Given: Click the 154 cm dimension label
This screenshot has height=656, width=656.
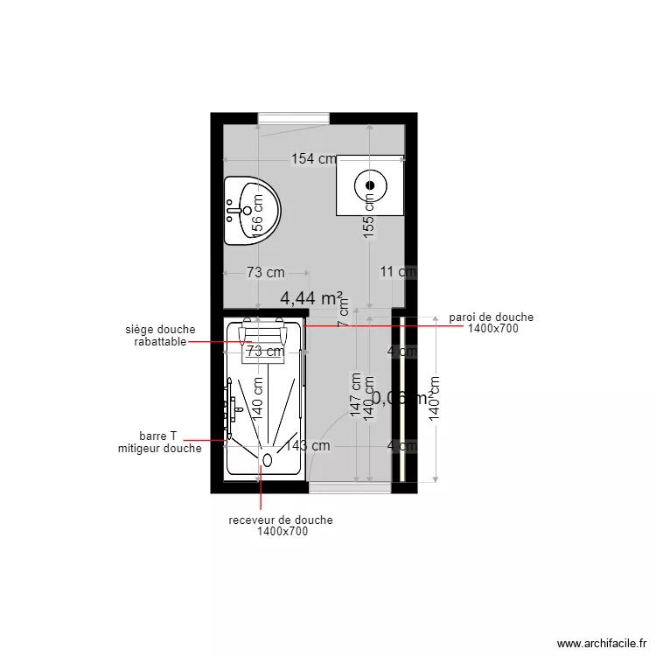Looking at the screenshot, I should click(314, 159).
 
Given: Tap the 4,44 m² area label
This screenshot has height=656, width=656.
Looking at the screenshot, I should click(311, 298).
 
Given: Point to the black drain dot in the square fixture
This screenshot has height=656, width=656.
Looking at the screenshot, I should click(369, 185).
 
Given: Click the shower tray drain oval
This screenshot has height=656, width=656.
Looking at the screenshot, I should click(268, 458).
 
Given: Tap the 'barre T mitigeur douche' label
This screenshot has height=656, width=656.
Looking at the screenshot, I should click(159, 442).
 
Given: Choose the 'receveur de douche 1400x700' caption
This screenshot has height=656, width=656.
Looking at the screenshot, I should click(281, 525).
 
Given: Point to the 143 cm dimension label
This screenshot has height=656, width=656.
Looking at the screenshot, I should click(308, 445).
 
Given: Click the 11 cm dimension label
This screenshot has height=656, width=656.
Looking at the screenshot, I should click(398, 272).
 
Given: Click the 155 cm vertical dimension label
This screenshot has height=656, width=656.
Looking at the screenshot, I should click(369, 214).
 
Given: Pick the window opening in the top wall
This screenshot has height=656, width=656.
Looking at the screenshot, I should click(293, 119).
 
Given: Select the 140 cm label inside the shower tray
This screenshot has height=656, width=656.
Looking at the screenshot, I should click(258, 396).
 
